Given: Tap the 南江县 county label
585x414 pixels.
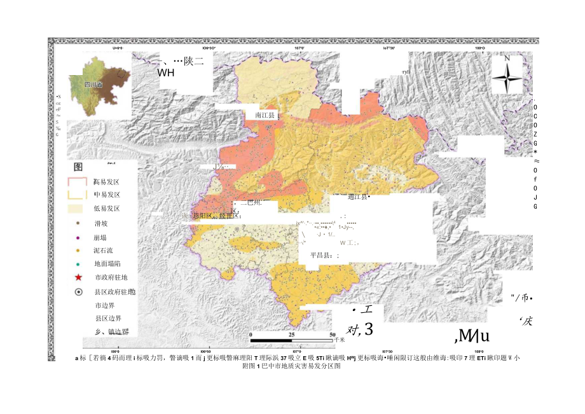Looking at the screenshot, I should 264,116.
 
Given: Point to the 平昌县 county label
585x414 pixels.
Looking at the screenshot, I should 323,255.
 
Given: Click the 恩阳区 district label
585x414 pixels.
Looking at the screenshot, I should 196,216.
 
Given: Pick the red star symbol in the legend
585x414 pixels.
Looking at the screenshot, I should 78,278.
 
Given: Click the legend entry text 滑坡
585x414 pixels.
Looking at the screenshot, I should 102,224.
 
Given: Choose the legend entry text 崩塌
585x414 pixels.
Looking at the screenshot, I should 102,237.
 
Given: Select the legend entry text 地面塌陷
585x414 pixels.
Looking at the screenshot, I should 108,264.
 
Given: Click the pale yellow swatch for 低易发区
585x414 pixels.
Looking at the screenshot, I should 77,209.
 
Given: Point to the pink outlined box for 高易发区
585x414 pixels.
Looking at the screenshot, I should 77,182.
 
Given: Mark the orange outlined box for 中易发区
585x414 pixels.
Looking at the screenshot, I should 77,195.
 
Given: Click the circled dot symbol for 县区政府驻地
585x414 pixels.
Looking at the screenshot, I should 78,292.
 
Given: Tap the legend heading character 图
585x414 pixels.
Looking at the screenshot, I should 79,167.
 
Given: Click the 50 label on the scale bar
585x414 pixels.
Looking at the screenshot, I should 332,335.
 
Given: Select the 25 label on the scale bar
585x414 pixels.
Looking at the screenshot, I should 291,335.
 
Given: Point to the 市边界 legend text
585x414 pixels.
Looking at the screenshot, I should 105,305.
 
